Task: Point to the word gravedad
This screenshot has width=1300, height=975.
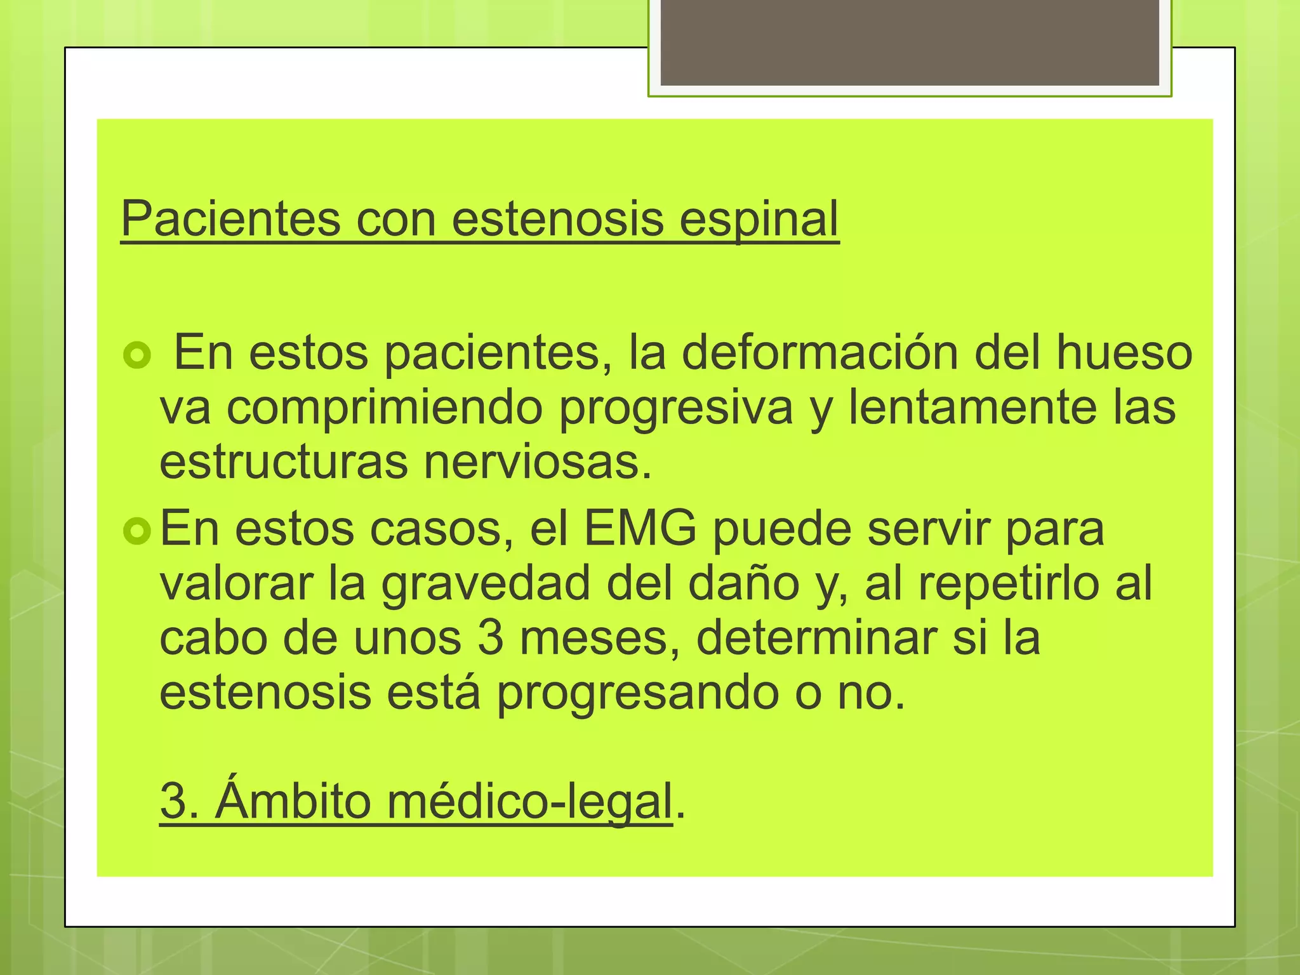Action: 486,585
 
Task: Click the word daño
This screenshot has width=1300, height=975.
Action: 743,583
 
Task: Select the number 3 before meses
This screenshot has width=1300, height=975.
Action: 490,638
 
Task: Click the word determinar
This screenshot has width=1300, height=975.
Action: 816,638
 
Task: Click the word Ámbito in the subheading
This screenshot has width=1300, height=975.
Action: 293,800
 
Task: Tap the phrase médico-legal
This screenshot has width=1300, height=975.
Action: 529,802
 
